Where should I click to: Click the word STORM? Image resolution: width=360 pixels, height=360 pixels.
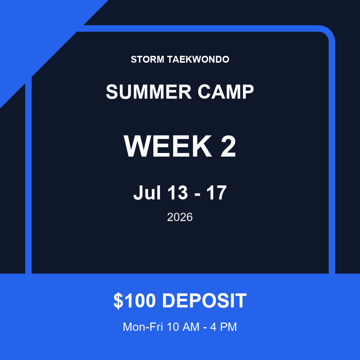pos(147,59)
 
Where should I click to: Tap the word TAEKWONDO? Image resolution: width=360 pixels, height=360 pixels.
pos(198,59)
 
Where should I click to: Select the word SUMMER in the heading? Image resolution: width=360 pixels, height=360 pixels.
pos(149,91)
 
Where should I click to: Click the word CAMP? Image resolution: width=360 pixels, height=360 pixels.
pos(226,91)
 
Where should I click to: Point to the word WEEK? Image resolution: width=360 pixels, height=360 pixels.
pos(168,146)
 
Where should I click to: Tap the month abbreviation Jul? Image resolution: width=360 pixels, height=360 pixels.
pos(147,193)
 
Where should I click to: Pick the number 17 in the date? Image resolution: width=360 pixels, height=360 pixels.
pos(216,193)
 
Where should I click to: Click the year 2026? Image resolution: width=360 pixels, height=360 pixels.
pos(180,217)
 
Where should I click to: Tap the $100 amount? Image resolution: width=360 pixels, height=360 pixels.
pos(135,301)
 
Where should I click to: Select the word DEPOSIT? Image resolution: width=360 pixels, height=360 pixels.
pos(204,301)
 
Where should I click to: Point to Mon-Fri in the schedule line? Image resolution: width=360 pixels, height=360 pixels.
pos(143,327)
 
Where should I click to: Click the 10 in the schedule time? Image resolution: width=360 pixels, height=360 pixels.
pos(173,327)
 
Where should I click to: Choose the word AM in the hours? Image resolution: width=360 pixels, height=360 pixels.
pos(191,327)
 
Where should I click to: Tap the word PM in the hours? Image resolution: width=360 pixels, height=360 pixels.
pos(228,327)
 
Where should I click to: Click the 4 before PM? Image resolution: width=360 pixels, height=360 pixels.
pos(213,327)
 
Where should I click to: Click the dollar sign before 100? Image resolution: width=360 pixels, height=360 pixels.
pos(118,301)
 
